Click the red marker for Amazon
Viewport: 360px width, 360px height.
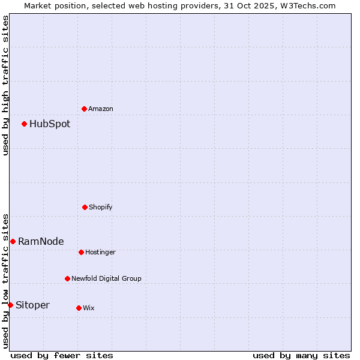click(85, 109)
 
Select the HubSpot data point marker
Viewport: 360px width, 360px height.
click(25, 124)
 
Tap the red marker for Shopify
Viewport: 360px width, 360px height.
click(85, 207)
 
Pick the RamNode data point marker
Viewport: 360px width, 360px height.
click(13, 241)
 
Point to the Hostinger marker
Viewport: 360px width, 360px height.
click(81, 252)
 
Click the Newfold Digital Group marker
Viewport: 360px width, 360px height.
click(67, 278)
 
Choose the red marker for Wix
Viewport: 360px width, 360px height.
click(79, 308)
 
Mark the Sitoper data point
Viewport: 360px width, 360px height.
click(10, 305)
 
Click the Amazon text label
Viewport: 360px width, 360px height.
click(101, 109)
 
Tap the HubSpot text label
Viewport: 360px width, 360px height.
click(50, 124)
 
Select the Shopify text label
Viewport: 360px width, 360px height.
click(101, 207)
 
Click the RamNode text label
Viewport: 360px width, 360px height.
click(41, 241)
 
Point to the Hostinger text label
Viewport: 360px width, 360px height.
click(100, 252)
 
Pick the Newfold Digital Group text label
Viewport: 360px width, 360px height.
click(107, 278)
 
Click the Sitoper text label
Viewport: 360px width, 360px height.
click(32, 305)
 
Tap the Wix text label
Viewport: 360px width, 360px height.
click(89, 308)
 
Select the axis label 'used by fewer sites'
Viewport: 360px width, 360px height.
click(62, 355)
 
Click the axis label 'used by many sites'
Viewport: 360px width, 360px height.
click(301, 355)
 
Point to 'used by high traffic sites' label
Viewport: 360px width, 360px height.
click(5, 85)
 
